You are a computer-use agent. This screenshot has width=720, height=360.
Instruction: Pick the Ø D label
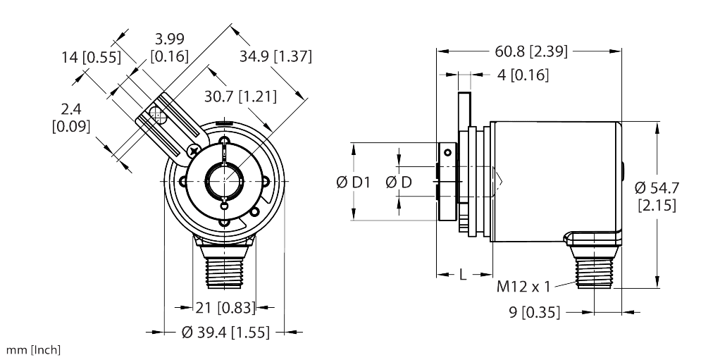click(399, 183)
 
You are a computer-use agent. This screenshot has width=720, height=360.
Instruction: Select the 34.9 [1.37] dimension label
click(275, 56)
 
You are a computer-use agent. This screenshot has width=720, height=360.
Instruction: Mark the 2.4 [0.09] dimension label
click(70, 118)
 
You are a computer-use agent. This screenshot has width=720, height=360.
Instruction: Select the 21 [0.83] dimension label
click(223, 306)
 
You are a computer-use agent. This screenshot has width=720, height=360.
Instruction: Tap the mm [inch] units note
click(32, 350)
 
